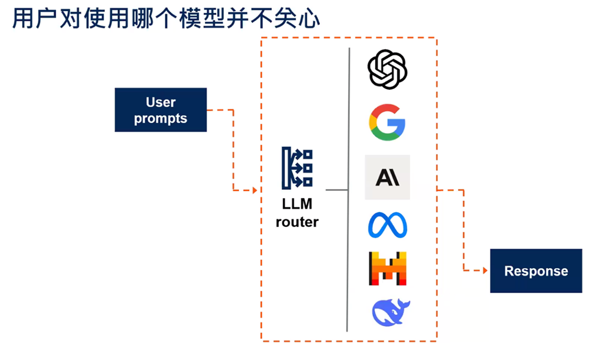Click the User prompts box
pyautogui.click(x=161, y=110)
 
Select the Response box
pyautogui.click(x=536, y=271)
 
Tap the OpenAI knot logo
pyautogui.click(x=388, y=69)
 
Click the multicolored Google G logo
pyautogui.click(x=388, y=121)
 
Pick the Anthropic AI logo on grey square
pyautogui.click(x=388, y=177)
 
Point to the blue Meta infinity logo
pyautogui.click(x=388, y=225)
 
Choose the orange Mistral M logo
pyautogui.click(x=388, y=269)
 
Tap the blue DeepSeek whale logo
pyautogui.click(x=391, y=312)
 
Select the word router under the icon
pyautogui.click(x=297, y=222)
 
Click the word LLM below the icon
pyautogui.click(x=297, y=205)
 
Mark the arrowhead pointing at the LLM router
pyautogui.click(x=255, y=190)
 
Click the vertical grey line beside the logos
pyautogui.click(x=349, y=189)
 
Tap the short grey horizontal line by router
pyautogui.click(x=337, y=190)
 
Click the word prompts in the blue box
pyautogui.click(x=161, y=118)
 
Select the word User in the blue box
pyautogui.click(x=161, y=102)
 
